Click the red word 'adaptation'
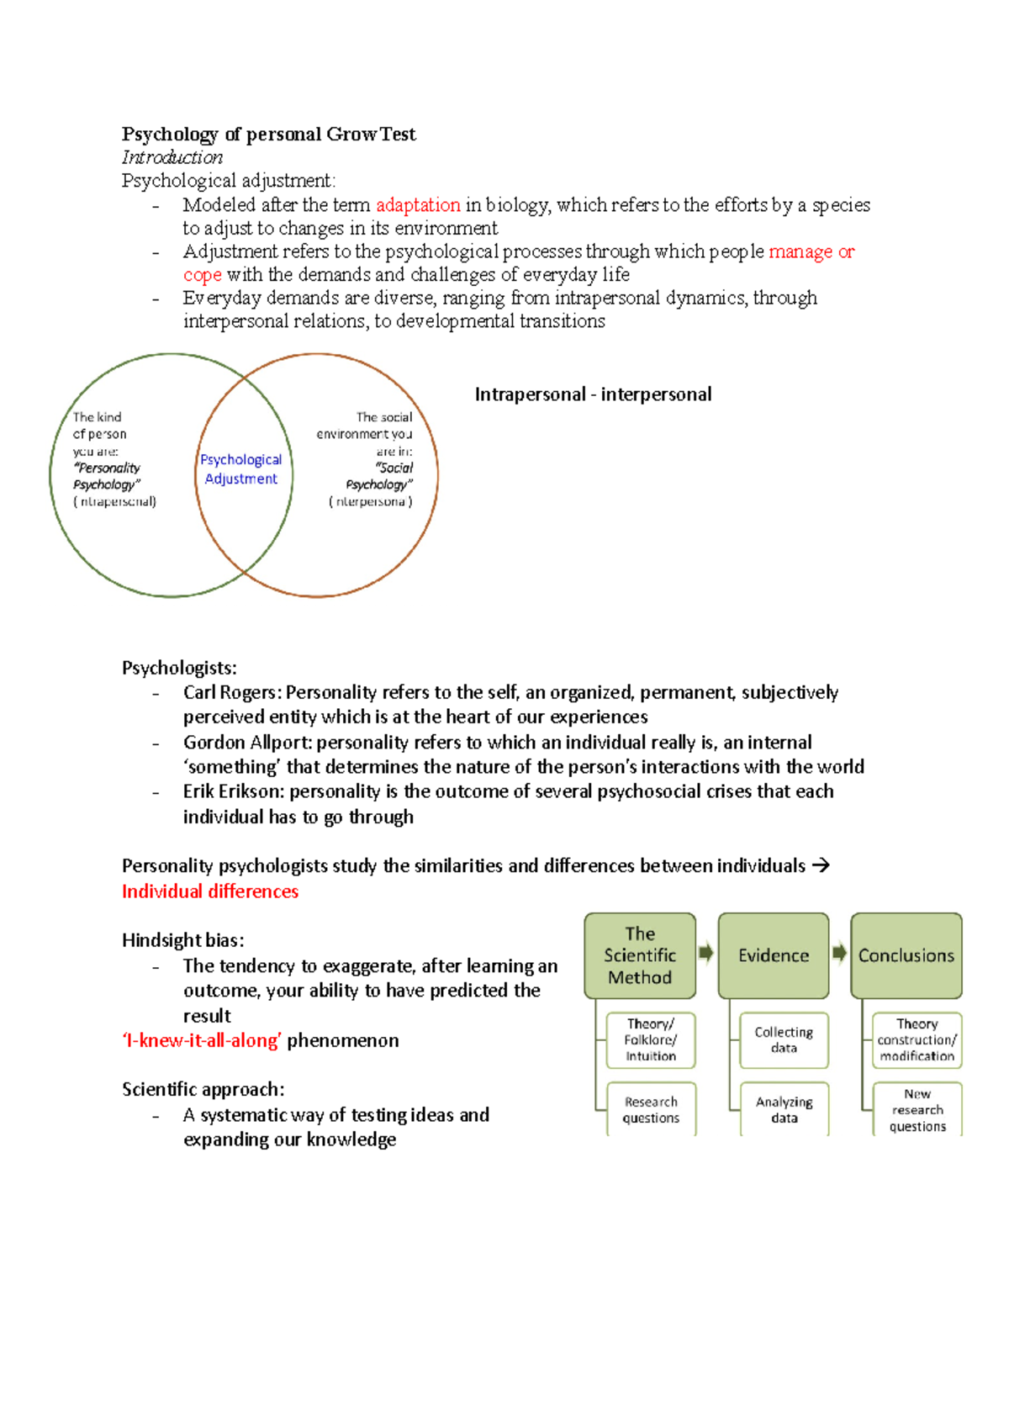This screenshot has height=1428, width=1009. click(x=418, y=205)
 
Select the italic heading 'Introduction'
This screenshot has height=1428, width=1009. click(x=172, y=157)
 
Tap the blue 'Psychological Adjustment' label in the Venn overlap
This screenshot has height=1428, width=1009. click(x=240, y=469)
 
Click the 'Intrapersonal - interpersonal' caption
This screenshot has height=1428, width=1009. click(x=593, y=394)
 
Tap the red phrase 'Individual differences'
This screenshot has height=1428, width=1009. click(x=210, y=891)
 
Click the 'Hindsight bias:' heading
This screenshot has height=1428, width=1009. click(x=182, y=940)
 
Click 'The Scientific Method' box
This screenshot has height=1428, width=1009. click(x=640, y=955)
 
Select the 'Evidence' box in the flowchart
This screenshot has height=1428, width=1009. click(x=774, y=955)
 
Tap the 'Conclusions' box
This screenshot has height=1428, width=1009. click(x=906, y=955)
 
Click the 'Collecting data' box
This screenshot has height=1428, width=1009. click(x=784, y=1039)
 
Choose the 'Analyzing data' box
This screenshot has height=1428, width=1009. click(x=784, y=1109)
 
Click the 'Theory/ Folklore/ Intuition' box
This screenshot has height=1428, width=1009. click(x=651, y=1039)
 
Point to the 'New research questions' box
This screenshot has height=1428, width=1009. click(x=917, y=1109)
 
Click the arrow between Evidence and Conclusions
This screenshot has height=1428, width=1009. click(x=839, y=953)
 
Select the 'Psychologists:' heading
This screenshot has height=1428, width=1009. click(x=179, y=668)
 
